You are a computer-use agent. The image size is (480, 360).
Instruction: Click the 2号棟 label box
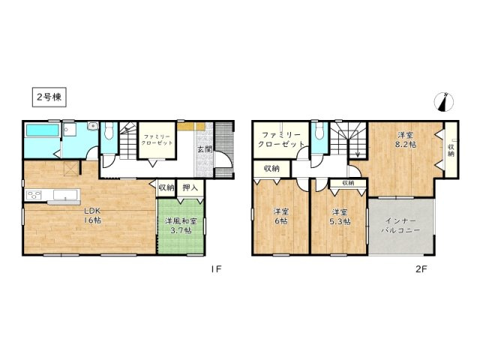(49, 97)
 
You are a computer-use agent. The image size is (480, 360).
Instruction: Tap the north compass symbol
(444, 102)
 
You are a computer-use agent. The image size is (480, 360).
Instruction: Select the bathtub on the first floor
(43, 130)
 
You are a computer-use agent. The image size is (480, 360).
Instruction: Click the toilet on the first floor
(109, 132)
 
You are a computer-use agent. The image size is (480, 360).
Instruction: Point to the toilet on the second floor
(319, 132)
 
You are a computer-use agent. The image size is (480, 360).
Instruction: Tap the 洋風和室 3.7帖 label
(181, 226)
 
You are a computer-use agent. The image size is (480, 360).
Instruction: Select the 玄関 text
(205, 149)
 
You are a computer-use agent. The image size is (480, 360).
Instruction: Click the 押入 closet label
(190, 188)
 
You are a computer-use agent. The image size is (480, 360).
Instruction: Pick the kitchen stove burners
(34, 195)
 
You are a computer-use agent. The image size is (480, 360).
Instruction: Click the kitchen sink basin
(65, 195)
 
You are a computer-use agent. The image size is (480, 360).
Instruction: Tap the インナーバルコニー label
(400, 225)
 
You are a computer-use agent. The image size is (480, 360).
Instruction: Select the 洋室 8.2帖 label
(406, 139)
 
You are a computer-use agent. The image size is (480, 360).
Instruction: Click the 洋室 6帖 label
(281, 216)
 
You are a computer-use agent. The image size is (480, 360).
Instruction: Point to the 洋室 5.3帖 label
(340, 217)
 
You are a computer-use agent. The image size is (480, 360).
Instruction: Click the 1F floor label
(215, 268)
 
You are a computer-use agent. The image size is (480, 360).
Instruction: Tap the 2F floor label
(421, 268)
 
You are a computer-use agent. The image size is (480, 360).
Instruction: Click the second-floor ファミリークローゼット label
(281, 139)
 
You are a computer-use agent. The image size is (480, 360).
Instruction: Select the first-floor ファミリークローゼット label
(158, 139)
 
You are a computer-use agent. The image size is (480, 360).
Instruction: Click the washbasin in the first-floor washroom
(92, 126)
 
